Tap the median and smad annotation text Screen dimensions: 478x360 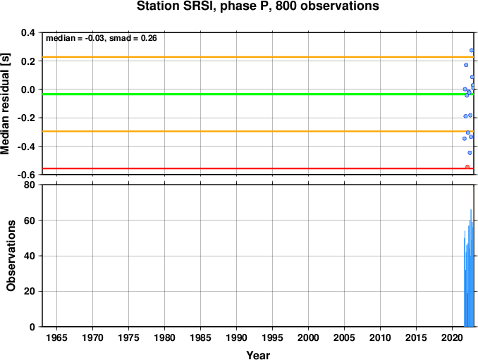click(x=102, y=38)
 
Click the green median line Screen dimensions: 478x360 click(x=258, y=94)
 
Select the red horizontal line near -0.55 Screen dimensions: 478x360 click(x=258, y=168)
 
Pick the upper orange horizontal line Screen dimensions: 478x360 click(x=258, y=57)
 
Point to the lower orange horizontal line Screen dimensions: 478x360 click(x=258, y=131)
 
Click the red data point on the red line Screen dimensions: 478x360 click(x=467, y=167)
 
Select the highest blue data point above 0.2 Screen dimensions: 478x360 click(x=472, y=50)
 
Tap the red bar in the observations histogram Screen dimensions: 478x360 click(x=467, y=310)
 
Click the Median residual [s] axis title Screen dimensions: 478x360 click(x=5, y=104)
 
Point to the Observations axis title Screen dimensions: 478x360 click(x=11, y=256)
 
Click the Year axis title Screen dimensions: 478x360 click(x=258, y=355)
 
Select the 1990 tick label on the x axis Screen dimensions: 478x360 click(x=237, y=337)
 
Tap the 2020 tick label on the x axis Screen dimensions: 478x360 click(x=453, y=337)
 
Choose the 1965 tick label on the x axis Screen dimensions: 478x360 click(x=56, y=337)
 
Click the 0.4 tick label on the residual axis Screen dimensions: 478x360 click(x=27, y=32)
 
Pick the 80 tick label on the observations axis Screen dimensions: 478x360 click(x=30, y=185)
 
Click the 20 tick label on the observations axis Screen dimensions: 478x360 click(x=30, y=291)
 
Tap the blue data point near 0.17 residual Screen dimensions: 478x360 click(x=466, y=65)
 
